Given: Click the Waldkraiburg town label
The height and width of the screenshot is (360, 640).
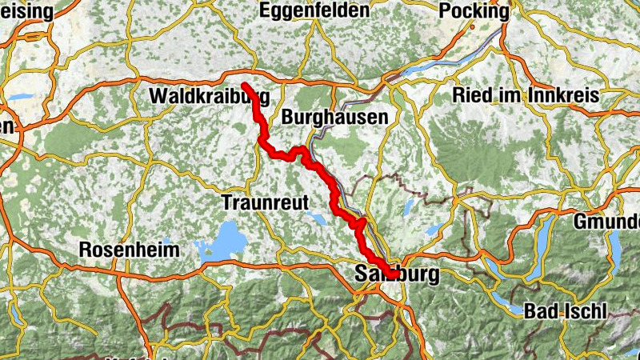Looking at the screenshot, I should (209, 97).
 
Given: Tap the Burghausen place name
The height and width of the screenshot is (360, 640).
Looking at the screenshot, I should (334, 117).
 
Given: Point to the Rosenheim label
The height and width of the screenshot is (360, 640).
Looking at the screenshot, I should (130, 250).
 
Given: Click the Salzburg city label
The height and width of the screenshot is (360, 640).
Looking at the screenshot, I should (396, 274).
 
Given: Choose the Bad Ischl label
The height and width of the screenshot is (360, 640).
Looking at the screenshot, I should (566, 310).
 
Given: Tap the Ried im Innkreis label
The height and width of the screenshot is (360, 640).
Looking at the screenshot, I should (526, 95).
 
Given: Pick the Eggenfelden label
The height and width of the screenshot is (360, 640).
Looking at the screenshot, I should (314, 11).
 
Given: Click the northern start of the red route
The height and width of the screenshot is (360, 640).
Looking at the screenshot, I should (244, 86).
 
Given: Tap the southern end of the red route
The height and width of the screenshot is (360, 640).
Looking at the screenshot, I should (394, 274).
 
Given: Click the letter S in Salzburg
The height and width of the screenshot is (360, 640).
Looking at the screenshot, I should (359, 274).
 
